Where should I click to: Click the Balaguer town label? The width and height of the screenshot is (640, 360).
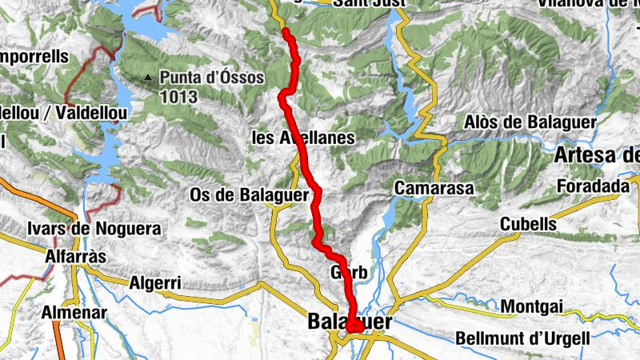349,322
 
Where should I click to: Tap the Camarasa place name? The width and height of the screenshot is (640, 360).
434,188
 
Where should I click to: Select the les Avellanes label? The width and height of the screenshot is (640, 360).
303,138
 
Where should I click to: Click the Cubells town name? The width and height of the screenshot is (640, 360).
529,223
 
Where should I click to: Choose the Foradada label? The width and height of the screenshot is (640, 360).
594,186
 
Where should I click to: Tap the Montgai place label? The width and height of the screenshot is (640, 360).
532,306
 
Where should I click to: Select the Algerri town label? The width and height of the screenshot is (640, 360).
155,282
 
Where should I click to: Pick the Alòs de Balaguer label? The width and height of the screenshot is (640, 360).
531,122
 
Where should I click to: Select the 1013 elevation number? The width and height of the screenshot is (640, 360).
178,96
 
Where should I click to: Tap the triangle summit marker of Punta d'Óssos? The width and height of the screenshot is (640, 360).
149,78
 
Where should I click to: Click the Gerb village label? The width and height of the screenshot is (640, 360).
349,274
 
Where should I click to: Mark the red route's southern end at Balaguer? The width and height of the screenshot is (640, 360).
352,326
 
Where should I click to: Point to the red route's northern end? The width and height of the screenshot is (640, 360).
286,30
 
